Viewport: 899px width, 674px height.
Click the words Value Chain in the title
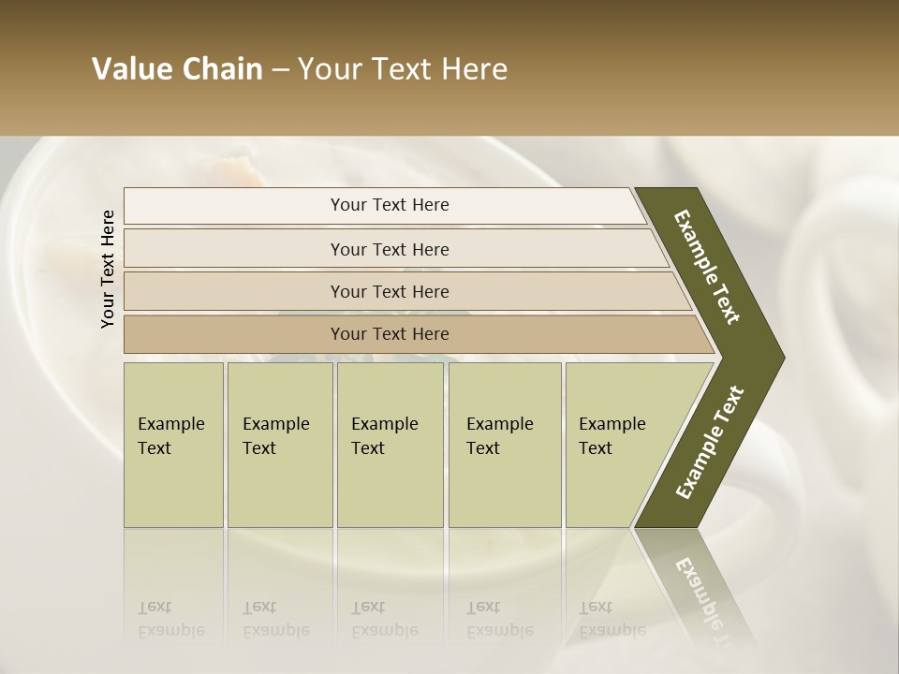click(177, 69)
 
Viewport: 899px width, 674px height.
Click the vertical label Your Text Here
click(108, 269)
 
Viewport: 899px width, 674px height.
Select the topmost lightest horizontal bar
click(234, 206)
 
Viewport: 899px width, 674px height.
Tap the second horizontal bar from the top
click(234, 249)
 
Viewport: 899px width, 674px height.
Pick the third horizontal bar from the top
click(234, 291)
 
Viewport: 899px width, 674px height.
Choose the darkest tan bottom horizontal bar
click(234, 334)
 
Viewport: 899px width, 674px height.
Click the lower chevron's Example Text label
click(710, 443)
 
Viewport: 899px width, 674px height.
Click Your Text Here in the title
click(403, 69)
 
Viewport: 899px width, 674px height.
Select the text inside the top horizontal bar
click(390, 205)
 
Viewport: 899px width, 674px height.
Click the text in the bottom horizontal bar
click(390, 334)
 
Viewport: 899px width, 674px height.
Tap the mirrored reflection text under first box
click(170, 619)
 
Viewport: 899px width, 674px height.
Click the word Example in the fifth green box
click(612, 424)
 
